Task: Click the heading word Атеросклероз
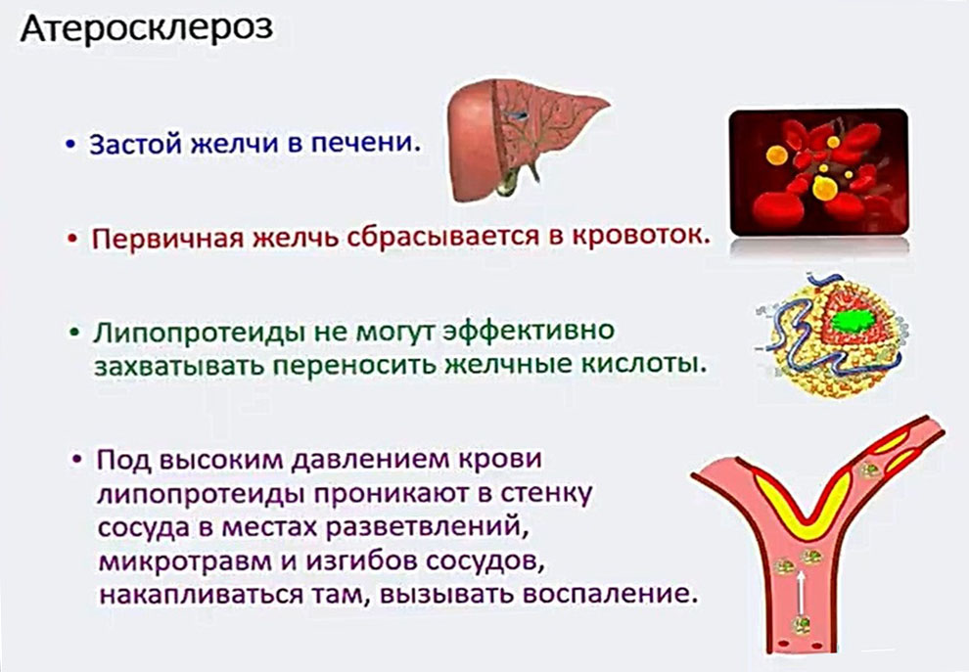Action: tap(146, 29)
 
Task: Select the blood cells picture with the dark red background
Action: tap(819, 172)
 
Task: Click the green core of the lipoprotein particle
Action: tap(853, 321)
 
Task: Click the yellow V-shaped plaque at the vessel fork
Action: tap(804, 506)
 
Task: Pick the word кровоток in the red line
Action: tap(638, 237)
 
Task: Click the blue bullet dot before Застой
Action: tap(71, 145)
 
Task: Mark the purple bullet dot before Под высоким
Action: tap(77, 461)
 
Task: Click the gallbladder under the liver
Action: tap(512, 181)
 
